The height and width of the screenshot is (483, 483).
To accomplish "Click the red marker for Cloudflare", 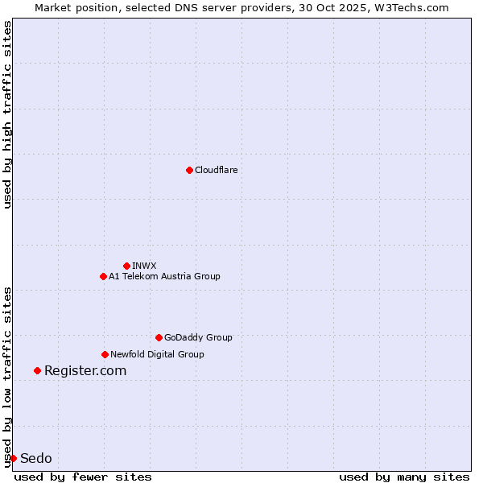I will [189, 170].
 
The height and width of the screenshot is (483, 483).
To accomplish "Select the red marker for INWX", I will [126, 266].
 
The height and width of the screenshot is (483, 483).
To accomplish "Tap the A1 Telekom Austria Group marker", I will [103, 276].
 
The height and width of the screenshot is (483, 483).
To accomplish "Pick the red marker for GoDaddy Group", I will [159, 337].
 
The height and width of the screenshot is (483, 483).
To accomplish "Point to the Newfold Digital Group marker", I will [105, 354].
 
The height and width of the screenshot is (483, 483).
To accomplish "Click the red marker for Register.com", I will [37, 370].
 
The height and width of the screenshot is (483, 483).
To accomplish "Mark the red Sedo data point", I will [13, 458].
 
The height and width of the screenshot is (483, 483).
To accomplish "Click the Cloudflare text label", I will [216, 170].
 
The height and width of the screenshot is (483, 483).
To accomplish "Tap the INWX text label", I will [144, 266].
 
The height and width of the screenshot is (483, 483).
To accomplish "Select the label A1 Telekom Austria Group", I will [164, 276].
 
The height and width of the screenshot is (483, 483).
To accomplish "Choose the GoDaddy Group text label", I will [198, 337].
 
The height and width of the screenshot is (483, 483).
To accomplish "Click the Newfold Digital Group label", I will [157, 354].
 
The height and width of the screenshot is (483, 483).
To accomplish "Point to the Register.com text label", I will [85, 370].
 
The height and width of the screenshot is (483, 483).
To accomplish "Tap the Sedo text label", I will [36, 458].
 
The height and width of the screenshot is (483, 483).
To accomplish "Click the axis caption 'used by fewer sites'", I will [83, 477].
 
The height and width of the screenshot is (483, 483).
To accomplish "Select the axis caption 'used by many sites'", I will [404, 477].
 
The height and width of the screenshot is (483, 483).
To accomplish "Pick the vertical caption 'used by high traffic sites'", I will [7, 114].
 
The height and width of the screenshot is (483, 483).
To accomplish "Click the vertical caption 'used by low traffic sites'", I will [7, 376].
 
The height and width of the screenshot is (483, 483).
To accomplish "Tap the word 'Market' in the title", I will [54, 7].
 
